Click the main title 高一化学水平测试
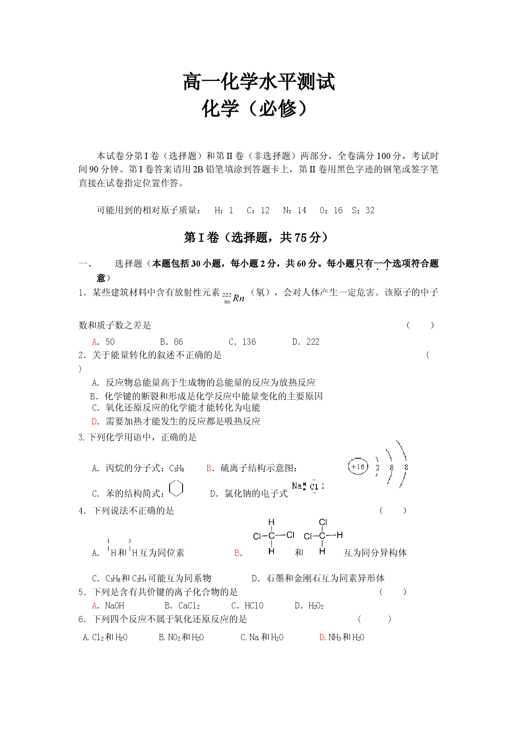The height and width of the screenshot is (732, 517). [259, 82]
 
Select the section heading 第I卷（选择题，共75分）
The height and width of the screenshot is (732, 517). [256, 237]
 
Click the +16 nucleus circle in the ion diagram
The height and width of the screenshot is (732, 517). [358, 467]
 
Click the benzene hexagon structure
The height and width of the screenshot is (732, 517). [176, 488]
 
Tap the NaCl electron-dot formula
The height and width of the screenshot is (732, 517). [308, 486]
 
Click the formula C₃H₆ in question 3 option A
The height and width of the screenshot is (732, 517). [177, 469]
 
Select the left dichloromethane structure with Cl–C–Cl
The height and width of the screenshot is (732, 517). [274, 536]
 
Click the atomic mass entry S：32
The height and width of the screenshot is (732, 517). [363, 210]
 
